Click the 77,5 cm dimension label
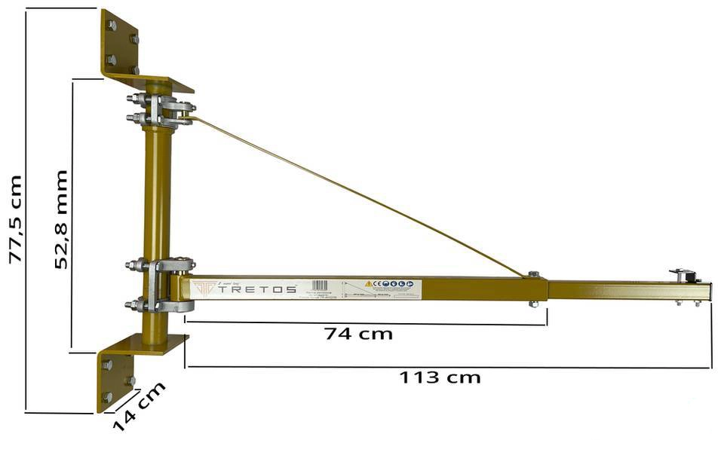point(14,218)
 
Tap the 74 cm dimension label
point(358,333)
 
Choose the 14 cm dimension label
point(139,407)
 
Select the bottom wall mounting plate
point(117,373)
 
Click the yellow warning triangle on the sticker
point(369,284)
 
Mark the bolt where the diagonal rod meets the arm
point(533,274)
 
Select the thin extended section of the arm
point(626,290)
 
